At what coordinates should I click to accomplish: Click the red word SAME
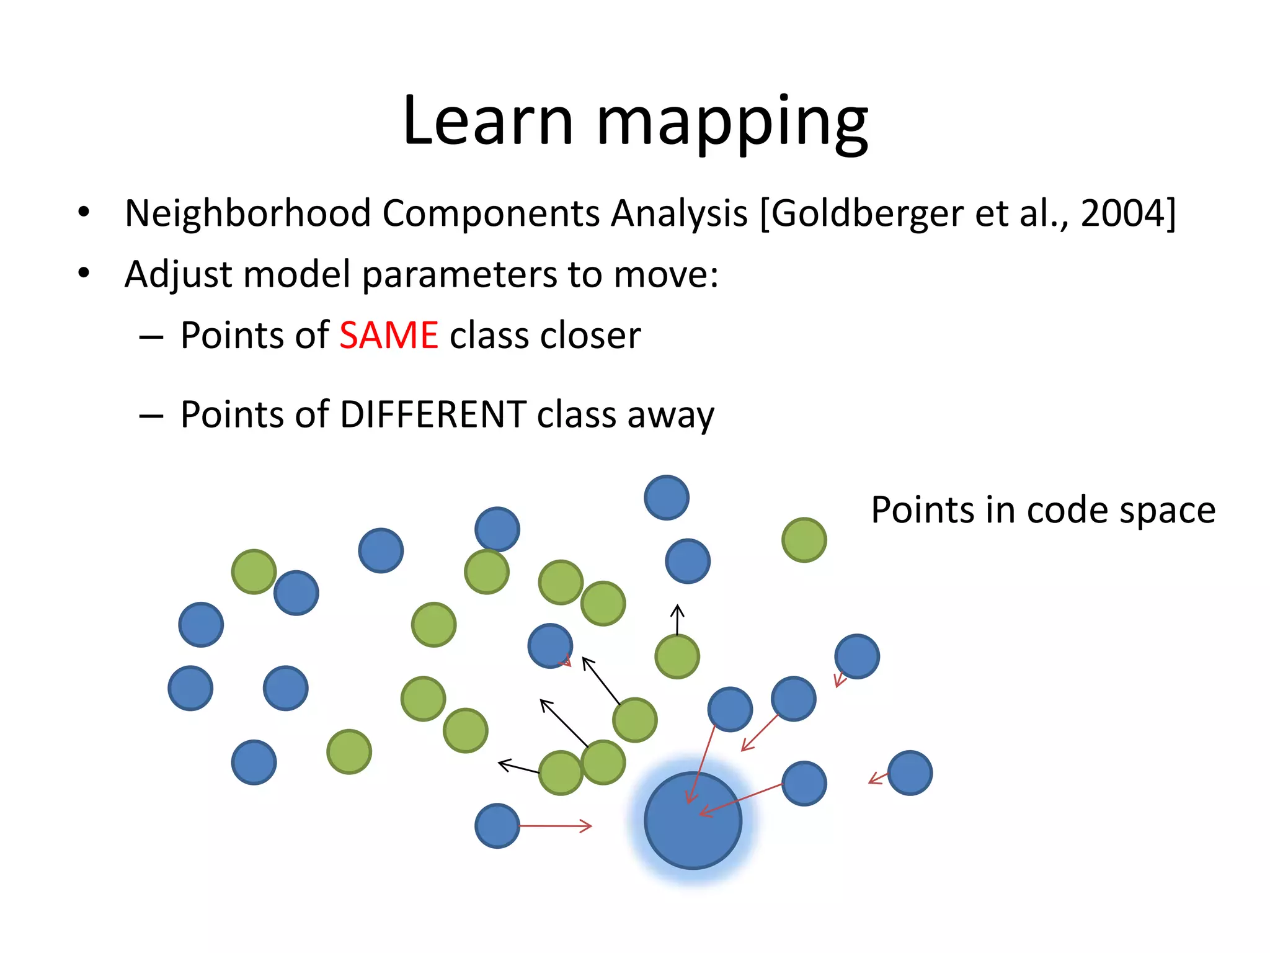coord(389,336)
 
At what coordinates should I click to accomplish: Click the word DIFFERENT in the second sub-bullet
coord(433,414)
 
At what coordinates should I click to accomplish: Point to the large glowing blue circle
coord(693,820)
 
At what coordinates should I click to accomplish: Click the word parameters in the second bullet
coord(459,275)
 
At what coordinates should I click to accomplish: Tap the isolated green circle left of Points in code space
coord(804,540)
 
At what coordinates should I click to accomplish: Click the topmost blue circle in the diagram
coord(667,498)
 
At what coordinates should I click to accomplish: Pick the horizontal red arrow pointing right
coord(555,826)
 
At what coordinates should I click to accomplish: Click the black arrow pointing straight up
coord(677,619)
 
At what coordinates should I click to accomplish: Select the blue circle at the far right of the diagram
coord(910,773)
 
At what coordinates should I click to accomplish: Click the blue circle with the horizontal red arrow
coord(497,826)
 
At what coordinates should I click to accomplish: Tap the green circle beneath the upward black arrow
coord(677,656)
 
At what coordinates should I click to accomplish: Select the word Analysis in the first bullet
coord(679,213)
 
